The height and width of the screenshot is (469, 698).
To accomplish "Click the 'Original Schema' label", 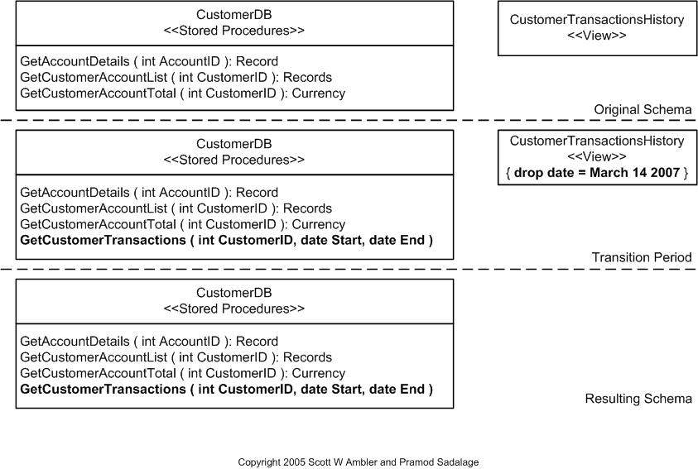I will (642, 110).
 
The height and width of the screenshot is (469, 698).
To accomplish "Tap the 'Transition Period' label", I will (641, 257).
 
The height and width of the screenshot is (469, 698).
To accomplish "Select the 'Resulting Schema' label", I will (638, 399).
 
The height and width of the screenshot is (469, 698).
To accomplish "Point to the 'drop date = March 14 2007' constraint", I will (596, 174).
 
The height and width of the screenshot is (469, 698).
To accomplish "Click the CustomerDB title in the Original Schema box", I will (233, 15).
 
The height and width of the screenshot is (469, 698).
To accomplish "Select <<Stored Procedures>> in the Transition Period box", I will (233, 160).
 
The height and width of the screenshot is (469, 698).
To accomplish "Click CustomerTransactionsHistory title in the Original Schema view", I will (596, 20).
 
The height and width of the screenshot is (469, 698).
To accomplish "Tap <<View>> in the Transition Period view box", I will (596, 156).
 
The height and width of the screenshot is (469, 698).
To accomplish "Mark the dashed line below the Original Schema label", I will (348, 121).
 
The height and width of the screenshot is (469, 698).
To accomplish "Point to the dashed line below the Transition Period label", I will (348, 269).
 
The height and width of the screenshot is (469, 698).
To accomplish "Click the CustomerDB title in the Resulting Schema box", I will (233, 293).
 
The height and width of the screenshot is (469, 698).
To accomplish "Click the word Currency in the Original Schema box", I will (315, 93).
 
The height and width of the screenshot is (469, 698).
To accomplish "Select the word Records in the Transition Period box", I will (306, 208).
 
